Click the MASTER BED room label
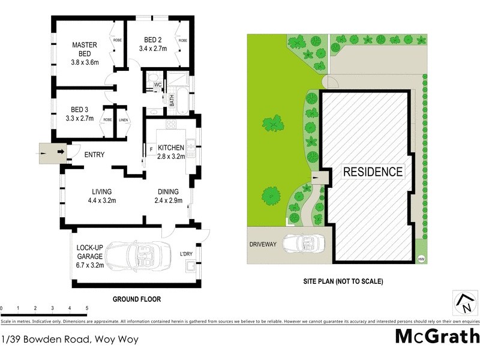pos(85,50)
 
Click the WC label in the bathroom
pos(157,85)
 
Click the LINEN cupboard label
pos(123,120)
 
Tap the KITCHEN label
pos(171,147)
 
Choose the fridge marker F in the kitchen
pos(152,148)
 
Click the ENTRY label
pos(94,155)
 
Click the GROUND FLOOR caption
pos(137,299)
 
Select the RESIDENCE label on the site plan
pos(373,172)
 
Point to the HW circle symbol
pos(421,259)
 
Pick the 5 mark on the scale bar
pos(87,308)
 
